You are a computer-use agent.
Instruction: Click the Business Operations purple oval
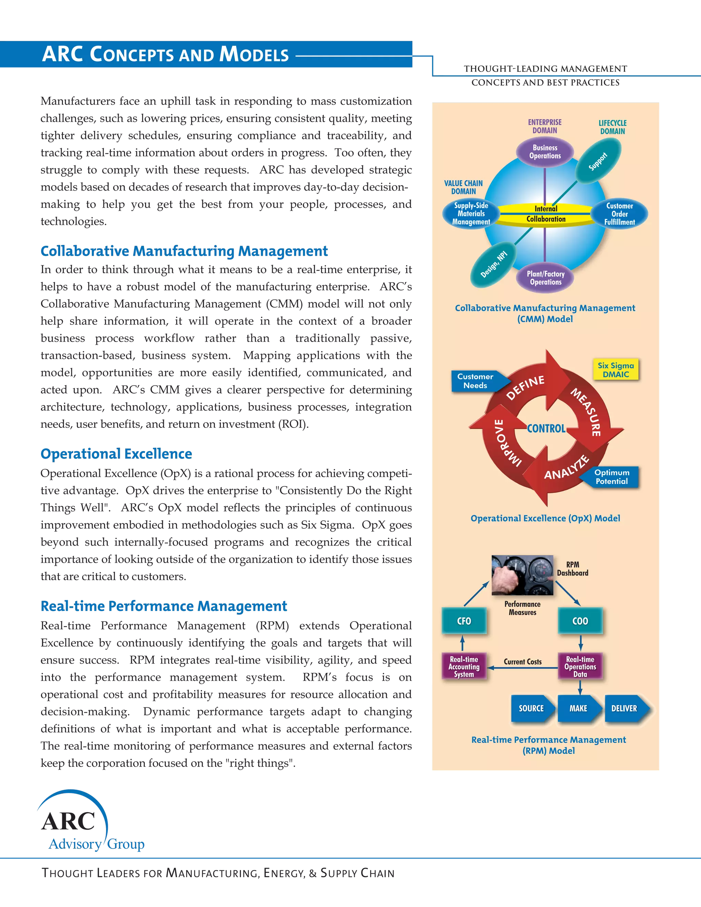[545, 152]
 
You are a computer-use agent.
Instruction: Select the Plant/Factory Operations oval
[545, 278]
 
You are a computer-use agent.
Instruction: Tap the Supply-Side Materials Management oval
[471, 214]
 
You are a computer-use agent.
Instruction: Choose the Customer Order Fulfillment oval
[619, 214]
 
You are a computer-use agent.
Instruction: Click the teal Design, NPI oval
[493, 265]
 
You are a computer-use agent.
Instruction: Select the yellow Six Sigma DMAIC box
[615, 370]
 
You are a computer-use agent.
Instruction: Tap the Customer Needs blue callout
[476, 381]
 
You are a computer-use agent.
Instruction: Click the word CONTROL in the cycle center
[546, 429]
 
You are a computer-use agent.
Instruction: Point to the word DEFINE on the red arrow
[525, 387]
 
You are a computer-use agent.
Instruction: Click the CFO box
[464, 621]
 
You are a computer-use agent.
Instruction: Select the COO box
[580, 621]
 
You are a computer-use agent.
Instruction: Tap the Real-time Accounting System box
[464, 666]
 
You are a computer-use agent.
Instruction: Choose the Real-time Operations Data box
[580, 666]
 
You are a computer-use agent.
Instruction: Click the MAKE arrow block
[578, 708]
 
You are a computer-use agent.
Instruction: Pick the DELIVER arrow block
[625, 708]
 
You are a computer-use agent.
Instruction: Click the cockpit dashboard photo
[522, 575]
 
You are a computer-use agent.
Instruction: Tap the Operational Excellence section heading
[116, 454]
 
